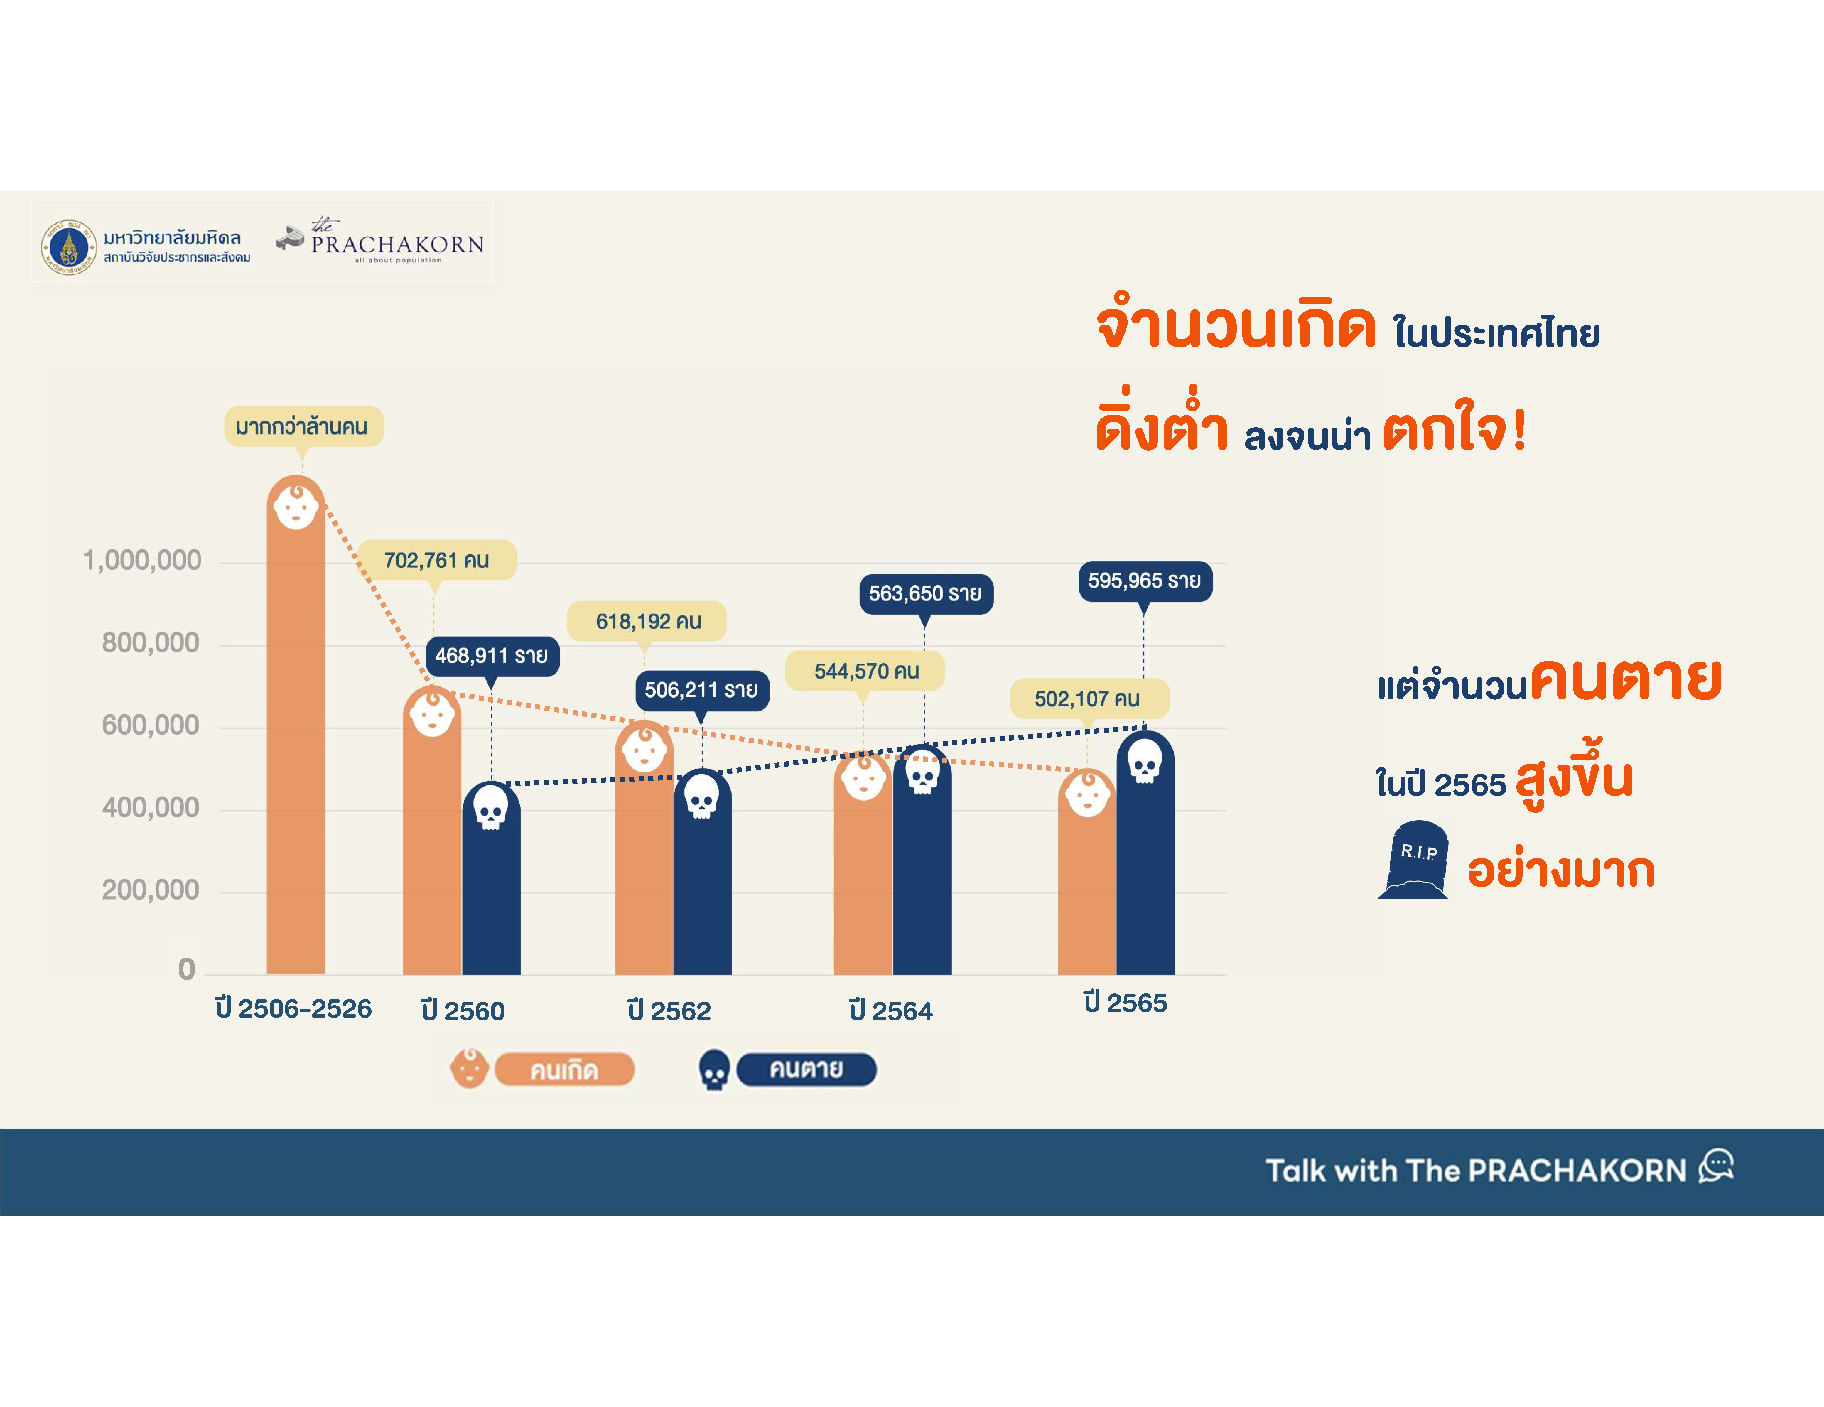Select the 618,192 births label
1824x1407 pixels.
pyautogui.click(x=647, y=621)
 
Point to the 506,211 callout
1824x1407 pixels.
pyautogui.click(x=701, y=691)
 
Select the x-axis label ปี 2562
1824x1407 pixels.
pyautogui.click(x=669, y=1010)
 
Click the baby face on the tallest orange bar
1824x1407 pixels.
pyautogui.click(x=296, y=506)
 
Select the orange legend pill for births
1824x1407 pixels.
pyautogui.click(x=565, y=1070)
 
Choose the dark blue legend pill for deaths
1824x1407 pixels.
pyautogui.click(x=807, y=1069)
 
